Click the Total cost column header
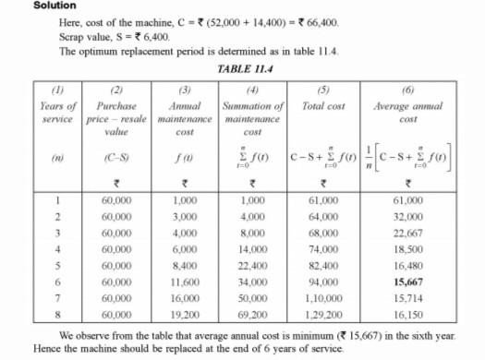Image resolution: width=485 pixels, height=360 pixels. [323, 107]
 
